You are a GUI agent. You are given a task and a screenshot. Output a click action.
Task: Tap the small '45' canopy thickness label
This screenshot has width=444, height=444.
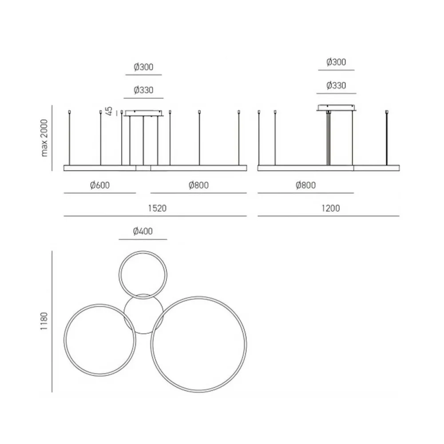pos(110,111)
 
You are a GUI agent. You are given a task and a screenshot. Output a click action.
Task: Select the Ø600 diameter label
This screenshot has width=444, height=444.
pos(99,186)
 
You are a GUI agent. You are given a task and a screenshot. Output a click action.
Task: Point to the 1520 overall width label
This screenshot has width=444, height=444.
pos(157,208)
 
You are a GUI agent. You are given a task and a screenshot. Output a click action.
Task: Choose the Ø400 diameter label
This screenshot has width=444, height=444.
pos(143,231)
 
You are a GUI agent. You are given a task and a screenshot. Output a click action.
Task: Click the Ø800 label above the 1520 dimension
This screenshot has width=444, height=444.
pos(198,186)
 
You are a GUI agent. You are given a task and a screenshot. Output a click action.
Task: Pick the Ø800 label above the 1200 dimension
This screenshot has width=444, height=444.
pos(306,186)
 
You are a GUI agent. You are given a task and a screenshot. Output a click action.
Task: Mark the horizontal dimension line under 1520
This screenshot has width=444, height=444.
pos(155,216)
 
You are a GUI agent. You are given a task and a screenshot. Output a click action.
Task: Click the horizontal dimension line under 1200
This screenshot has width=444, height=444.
pos(329,216)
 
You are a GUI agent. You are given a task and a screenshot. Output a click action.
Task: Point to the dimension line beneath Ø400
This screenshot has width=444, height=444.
pos(143,239)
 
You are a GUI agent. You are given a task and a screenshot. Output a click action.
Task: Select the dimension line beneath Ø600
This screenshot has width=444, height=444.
pos(99,194)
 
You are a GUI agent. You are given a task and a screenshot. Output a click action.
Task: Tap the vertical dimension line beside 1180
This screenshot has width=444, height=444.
pos(52,321)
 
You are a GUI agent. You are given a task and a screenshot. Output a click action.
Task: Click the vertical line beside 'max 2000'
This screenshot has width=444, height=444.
pos(52,138)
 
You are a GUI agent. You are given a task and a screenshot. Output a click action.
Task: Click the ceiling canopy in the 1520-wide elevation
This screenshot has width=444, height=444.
pos(143,113)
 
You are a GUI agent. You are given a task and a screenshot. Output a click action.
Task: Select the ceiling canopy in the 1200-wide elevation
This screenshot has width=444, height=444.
pos(336,107)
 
